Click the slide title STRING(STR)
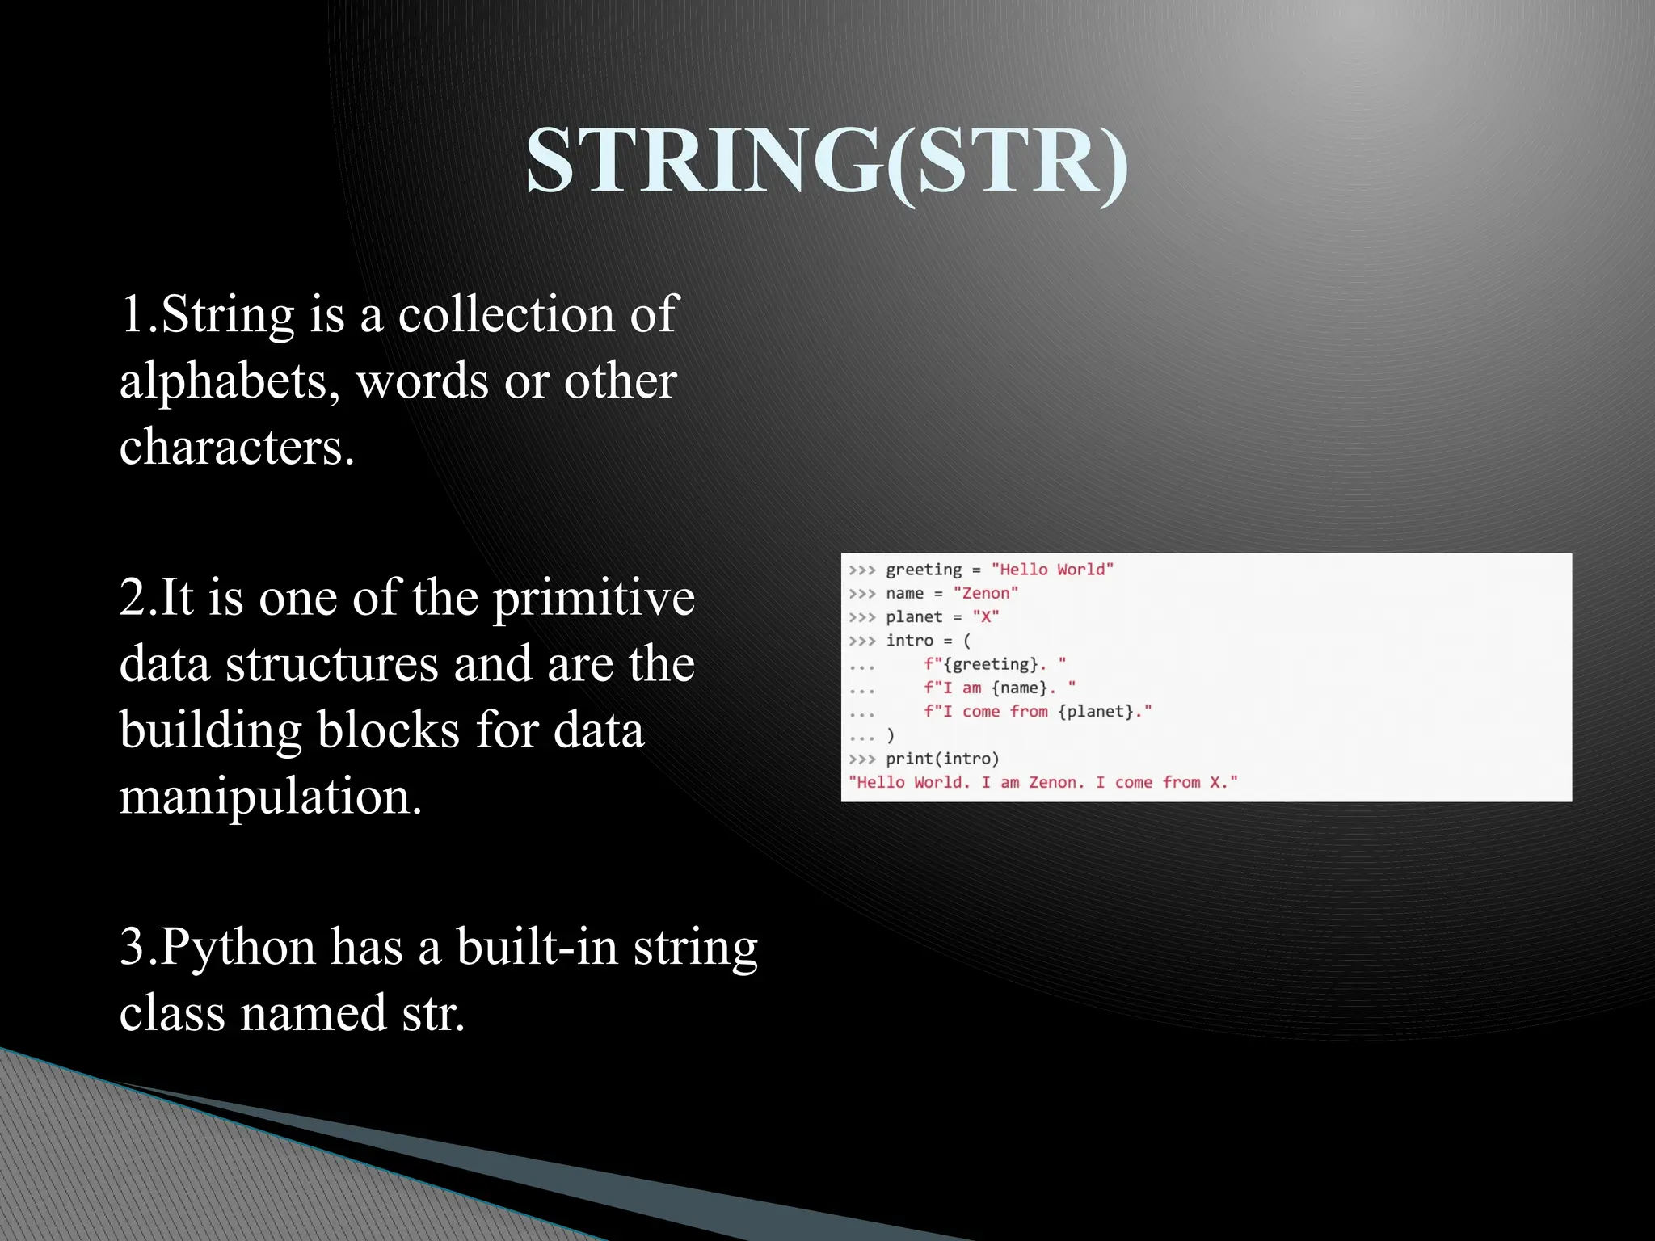[x=826, y=162]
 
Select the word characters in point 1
[x=236, y=447]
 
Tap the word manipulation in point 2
[x=270, y=797]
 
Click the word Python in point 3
[x=238, y=947]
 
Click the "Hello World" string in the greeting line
[x=1052, y=570]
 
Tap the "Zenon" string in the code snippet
[x=985, y=593]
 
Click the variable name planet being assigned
[x=914, y=617]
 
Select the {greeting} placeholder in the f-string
[x=990, y=664]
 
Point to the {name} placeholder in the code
[x=1019, y=688]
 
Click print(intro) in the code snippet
[x=942, y=759]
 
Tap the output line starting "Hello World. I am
[x=1042, y=782]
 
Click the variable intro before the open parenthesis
[x=909, y=641]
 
